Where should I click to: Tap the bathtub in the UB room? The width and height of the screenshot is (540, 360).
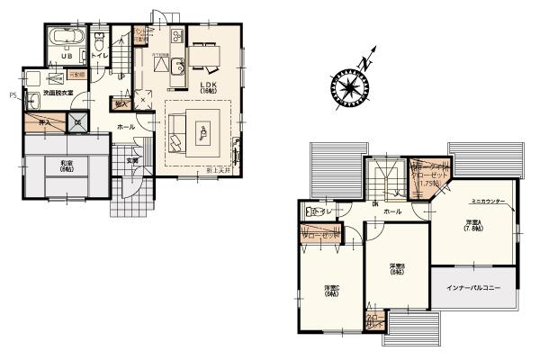(67, 39)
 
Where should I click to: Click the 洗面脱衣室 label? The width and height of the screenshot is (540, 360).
(57, 93)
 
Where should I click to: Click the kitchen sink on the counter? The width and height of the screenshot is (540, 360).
(175, 65)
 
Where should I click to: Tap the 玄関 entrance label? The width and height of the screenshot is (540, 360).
(131, 161)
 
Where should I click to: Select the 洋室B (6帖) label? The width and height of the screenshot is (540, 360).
(397, 269)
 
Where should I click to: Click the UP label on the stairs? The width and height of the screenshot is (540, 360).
(122, 76)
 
